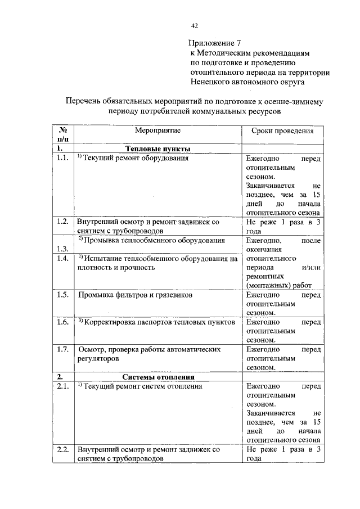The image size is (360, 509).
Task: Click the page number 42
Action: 195,25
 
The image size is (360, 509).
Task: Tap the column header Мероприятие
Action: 157,130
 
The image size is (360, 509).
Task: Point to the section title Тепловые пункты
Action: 157,148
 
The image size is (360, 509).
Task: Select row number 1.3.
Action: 62,249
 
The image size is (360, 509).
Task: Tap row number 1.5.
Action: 62,294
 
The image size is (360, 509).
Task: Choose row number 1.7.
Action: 62,349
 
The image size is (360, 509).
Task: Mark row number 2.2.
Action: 62,449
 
